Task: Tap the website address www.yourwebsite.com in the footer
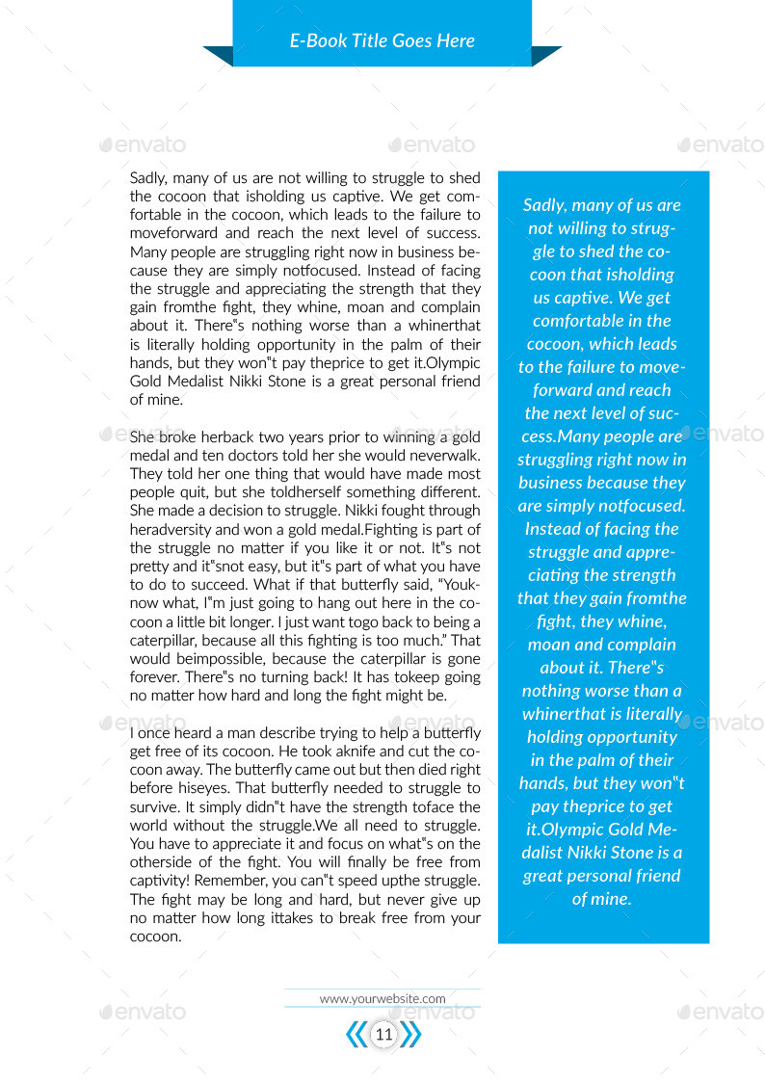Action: (x=382, y=998)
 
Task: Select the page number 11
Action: (x=383, y=1035)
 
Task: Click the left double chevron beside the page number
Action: (x=356, y=1035)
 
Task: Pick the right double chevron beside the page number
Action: (x=411, y=1035)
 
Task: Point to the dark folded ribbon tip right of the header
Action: (x=546, y=56)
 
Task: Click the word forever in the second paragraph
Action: (x=154, y=677)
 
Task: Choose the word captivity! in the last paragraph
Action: (x=160, y=881)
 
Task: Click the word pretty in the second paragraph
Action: (x=150, y=567)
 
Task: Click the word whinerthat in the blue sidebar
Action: (x=560, y=714)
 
